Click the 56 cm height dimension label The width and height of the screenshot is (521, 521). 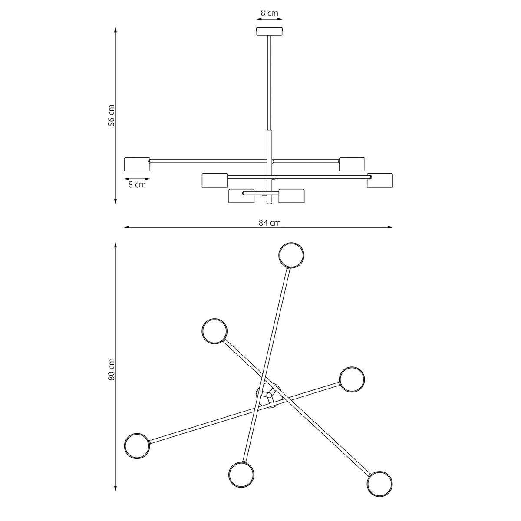point(112,115)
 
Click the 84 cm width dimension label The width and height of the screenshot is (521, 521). point(269,223)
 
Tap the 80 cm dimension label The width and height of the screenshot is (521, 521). point(112,369)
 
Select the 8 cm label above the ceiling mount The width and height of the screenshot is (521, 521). point(269,13)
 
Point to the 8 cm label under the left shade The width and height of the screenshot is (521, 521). point(137,185)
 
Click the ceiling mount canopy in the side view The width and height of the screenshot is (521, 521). point(270,31)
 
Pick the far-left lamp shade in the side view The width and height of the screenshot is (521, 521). point(137,164)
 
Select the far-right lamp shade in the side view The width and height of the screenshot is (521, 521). point(379,180)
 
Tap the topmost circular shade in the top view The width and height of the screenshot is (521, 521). point(291,255)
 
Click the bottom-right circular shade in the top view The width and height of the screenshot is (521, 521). point(379,484)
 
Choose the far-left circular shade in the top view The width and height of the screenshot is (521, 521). point(137,445)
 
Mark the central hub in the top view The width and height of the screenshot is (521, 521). point(269,396)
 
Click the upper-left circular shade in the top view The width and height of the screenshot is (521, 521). point(214,331)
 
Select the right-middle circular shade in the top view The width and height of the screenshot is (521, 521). point(352,379)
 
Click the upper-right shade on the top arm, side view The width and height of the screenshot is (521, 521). point(352,164)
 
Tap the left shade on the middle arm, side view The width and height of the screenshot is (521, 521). point(214,180)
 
